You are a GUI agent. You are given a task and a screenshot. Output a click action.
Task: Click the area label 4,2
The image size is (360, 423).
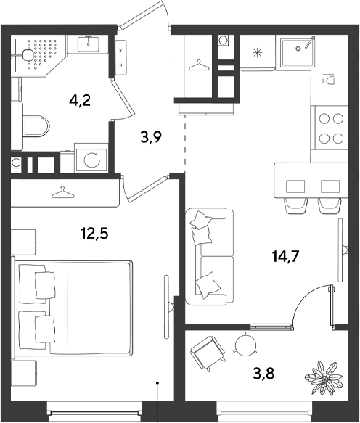(x=80, y=101)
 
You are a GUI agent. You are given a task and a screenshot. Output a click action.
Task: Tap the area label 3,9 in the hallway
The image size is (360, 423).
(x=151, y=137)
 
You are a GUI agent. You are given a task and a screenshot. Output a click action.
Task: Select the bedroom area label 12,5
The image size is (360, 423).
(x=95, y=234)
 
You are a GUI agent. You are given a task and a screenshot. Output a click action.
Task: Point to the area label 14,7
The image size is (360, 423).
(x=286, y=256)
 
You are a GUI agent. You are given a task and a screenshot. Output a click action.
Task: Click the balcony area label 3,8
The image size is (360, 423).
(x=263, y=374)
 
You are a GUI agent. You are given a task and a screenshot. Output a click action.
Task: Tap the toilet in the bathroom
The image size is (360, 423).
(x=36, y=127)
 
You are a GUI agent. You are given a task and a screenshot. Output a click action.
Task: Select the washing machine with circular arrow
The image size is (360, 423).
(x=91, y=160)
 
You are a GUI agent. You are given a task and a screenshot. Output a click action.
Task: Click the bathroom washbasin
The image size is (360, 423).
(x=89, y=44)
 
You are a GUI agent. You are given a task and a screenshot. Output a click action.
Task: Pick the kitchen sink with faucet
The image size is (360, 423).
(x=298, y=52)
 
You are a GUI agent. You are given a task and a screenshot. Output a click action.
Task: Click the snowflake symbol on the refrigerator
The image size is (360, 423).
(x=257, y=53)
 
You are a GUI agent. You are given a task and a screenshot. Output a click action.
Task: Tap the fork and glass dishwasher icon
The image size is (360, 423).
(x=328, y=78)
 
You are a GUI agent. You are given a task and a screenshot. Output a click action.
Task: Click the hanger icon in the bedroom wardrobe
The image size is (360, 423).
(x=63, y=192)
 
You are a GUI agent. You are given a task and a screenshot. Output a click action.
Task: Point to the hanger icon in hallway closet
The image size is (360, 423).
(x=200, y=65)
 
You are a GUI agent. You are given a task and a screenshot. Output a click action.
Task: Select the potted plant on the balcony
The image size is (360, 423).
(x=324, y=378)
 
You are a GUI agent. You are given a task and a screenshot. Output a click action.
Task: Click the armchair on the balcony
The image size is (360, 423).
(x=208, y=353)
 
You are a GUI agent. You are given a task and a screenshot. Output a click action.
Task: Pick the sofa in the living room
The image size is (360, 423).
(x=210, y=257)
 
